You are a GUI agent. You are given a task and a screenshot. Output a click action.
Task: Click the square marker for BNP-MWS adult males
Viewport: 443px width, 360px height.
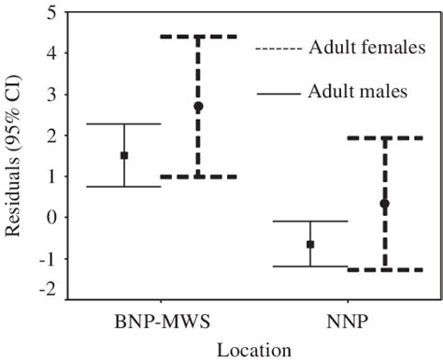pyautogui.click(x=123, y=155)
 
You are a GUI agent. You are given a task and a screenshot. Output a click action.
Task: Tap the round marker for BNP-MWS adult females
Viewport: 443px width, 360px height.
pyautogui.click(x=198, y=107)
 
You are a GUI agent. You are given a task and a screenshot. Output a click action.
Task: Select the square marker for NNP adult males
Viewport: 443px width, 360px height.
pyautogui.click(x=310, y=244)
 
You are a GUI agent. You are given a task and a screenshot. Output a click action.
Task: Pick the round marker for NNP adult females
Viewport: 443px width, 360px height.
pyautogui.click(x=384, y=203)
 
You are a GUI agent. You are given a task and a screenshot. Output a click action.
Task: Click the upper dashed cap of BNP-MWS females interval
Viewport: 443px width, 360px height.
pyautogui.click(x=198, y=36)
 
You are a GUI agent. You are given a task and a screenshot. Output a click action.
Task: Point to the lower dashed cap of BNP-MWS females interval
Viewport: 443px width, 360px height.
pyautogui.click(x=198, y=177)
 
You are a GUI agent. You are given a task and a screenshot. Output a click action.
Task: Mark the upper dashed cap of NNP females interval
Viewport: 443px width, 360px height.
pyautogui.click(x=384, y=138)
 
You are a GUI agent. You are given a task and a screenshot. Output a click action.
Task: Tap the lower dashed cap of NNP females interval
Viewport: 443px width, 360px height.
pyautogui.click(x=384, y=270)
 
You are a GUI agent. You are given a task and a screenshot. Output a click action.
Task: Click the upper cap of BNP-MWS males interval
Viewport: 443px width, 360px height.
pyautogui.click(x=123, y=124)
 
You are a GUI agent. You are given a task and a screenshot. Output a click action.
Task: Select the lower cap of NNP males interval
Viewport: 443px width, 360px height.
pyautogui.click(x=310, y=266)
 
